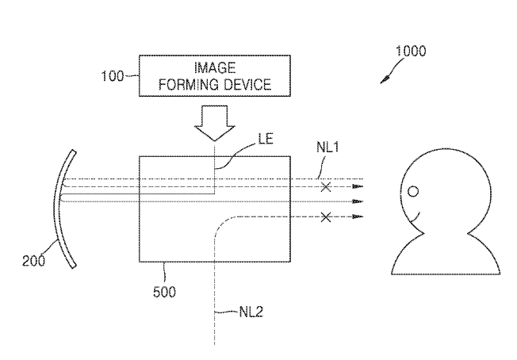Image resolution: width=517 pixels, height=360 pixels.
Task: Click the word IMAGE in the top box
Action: (214, 69)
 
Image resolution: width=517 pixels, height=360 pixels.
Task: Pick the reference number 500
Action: (165, 291)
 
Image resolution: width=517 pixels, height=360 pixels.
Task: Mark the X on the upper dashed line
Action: (324, 187)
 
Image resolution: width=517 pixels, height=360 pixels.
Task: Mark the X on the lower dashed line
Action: (324, 216)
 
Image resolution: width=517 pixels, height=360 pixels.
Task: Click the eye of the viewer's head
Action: (412, 191)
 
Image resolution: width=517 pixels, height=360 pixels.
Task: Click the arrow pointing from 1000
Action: (388, 76)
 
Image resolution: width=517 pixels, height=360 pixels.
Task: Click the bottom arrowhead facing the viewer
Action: (358, 216)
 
